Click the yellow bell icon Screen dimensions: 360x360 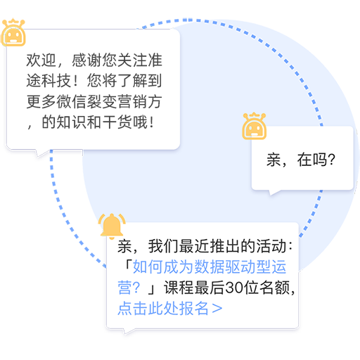point(112,226)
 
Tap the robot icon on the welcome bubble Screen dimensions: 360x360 point(13,32)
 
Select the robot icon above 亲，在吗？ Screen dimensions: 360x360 point(255,126)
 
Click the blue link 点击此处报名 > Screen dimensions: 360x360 point(170,308)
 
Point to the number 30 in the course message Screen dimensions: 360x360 point(233,288)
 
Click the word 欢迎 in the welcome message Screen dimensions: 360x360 point(41,60)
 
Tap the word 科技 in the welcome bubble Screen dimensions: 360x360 point(56,81)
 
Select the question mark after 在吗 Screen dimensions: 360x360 point(331,160)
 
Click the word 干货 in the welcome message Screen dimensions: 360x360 point(117,122)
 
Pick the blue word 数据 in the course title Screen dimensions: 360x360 point(210,267)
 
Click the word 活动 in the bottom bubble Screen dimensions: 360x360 point(271,246)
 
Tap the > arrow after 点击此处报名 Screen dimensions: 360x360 point(217,309)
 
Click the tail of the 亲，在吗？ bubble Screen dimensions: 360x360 point(274,192)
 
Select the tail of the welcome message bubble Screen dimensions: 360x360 point(41,153)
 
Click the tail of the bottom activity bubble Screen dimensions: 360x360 point(129,331)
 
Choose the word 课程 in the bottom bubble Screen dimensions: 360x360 point(179,288)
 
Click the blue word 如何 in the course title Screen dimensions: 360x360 point(148,267)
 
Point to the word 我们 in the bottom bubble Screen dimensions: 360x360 point(163,246)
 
